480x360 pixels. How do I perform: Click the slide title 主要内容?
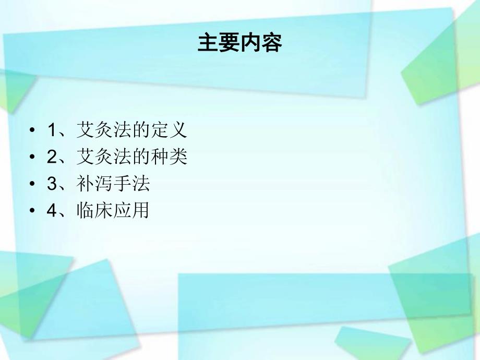[x=239, y=44]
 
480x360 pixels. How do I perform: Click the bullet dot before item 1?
[x=33, y=130]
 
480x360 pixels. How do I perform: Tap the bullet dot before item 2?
[x=33, y=157]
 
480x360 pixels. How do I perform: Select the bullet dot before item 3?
[x=33, y=184]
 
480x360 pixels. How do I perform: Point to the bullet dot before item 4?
[x=33, y=211]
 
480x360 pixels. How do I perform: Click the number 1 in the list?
[x=51, y=130]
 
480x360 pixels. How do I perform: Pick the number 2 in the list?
[x=51, y=157]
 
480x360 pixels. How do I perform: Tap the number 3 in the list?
[x=51, y=184]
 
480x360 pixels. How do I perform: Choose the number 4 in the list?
[x=51, y=211]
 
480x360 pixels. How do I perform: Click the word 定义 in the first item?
[x=168, y=130]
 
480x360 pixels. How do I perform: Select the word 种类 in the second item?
[x=168, y=157]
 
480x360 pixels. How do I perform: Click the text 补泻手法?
[x=113, y=184]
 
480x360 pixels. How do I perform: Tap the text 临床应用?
[x=113, y=211]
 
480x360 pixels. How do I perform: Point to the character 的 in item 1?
[x=140, y=130]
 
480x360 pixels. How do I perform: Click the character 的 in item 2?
[x=140, y=157]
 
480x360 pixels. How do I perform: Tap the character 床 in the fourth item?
[x=104, y=211]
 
